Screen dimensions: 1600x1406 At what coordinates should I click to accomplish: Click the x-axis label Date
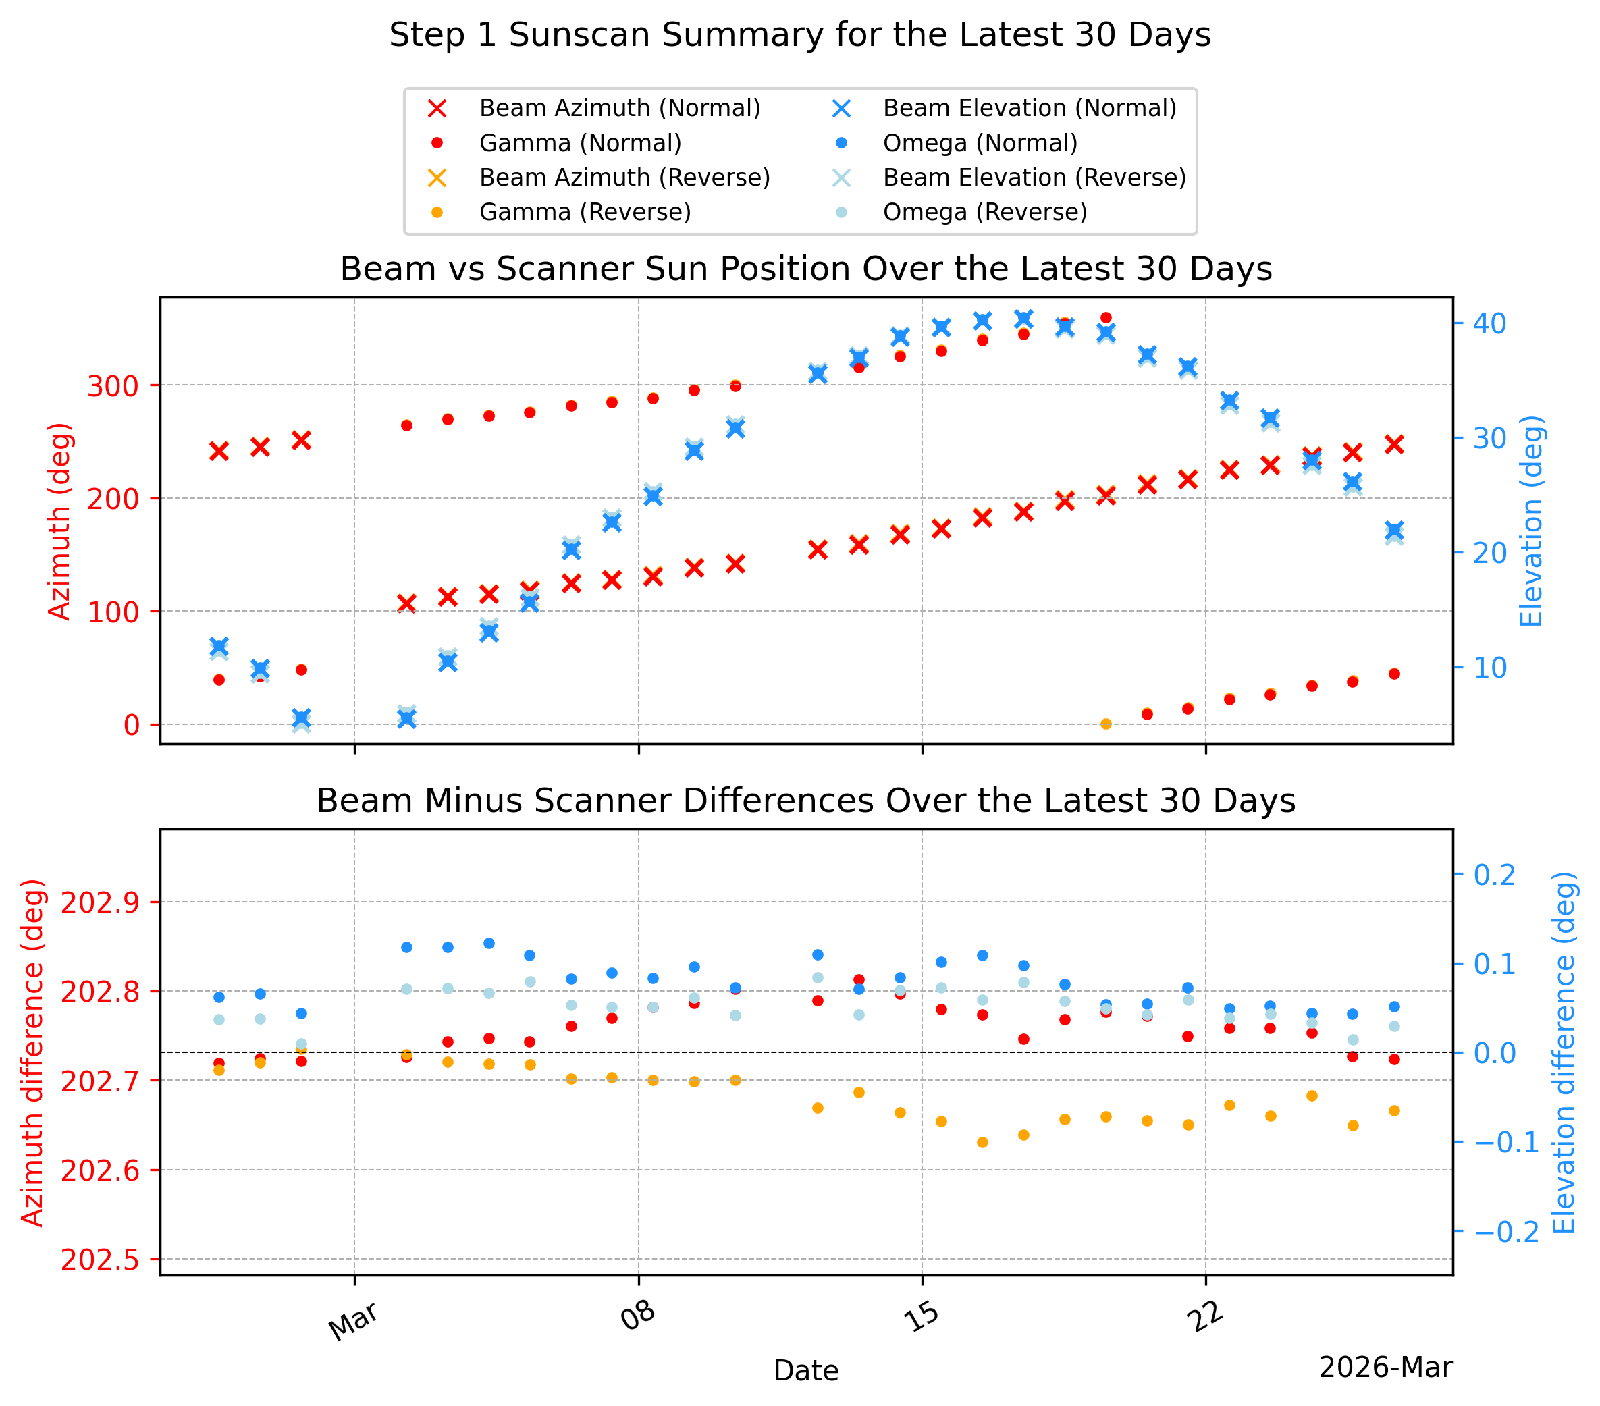tap(805, 1371)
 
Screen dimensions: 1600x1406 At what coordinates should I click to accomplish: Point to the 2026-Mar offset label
tap(1385, 1368)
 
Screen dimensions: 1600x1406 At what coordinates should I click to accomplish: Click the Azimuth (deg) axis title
tap(59, 521)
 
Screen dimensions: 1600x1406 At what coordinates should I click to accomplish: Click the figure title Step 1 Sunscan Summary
tap(800, 35)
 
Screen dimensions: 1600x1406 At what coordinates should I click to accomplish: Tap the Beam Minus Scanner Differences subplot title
tap(805, 801)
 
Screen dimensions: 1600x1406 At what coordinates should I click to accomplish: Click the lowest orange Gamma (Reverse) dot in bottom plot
tap(982, 1143)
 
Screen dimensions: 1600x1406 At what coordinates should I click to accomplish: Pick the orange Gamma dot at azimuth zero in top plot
tap(1106, 724)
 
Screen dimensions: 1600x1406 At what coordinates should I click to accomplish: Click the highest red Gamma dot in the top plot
tap(1106, 318)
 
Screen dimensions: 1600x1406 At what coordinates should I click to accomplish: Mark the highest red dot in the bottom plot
tap(859, 979)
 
